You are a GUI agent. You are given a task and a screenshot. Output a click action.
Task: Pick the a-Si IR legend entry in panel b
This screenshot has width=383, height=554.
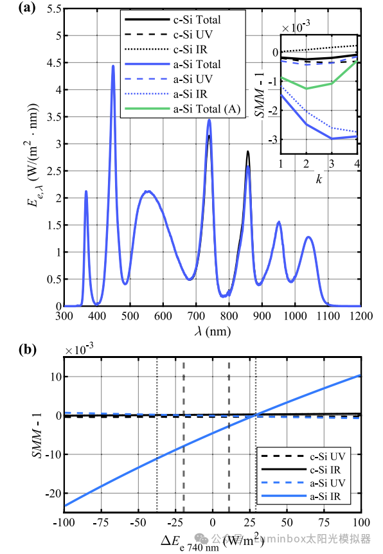point(314,497)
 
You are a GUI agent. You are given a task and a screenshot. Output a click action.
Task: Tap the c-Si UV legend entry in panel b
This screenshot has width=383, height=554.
point(314,457)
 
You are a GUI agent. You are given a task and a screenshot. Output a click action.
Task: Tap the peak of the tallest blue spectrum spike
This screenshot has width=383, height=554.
point(113,66)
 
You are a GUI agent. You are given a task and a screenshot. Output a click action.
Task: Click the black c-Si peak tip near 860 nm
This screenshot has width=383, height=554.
point(248,152)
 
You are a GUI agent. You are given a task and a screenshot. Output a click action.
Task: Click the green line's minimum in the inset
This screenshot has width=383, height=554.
point(307,89)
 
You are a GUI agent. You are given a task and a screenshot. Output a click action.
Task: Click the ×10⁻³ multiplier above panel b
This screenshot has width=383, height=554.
point(78,350)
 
